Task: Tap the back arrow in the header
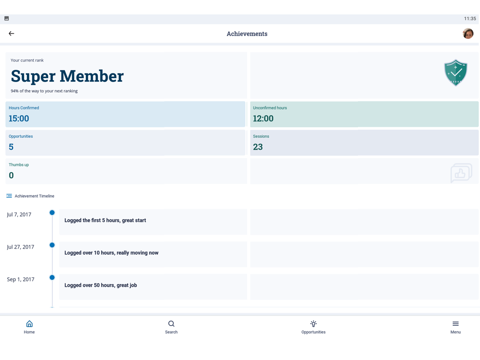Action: click(x=12, y=34)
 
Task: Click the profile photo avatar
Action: click(x=468, y=34)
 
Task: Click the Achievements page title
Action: click(x=247, y=34)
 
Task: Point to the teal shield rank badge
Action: click(x=456, y=73)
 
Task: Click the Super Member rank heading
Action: click(x=67, y=76)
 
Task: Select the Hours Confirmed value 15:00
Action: click(x=19, y=119)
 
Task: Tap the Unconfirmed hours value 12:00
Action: click(x=263, y=119)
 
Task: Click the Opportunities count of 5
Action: click(x=11, y=147)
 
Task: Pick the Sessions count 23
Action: click(x=258, y=147)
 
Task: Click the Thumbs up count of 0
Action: click(x=11, y=175)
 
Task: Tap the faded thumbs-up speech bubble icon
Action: click(x=461, y=173)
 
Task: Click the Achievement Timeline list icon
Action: click(x=9, y=196)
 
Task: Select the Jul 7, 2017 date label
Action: click(x=19, y=215)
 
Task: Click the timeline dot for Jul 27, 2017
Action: click(x=52, y=245)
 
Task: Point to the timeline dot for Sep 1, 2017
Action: click(x=52, y=277)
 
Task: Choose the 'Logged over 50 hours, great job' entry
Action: click(x=101, y=285)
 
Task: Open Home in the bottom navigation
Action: click(x=29, y=326)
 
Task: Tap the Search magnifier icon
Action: click(x=171, y=324)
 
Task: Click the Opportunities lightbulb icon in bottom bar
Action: click(x=313, y=324)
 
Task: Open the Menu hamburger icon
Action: click(x=456, y=324)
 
